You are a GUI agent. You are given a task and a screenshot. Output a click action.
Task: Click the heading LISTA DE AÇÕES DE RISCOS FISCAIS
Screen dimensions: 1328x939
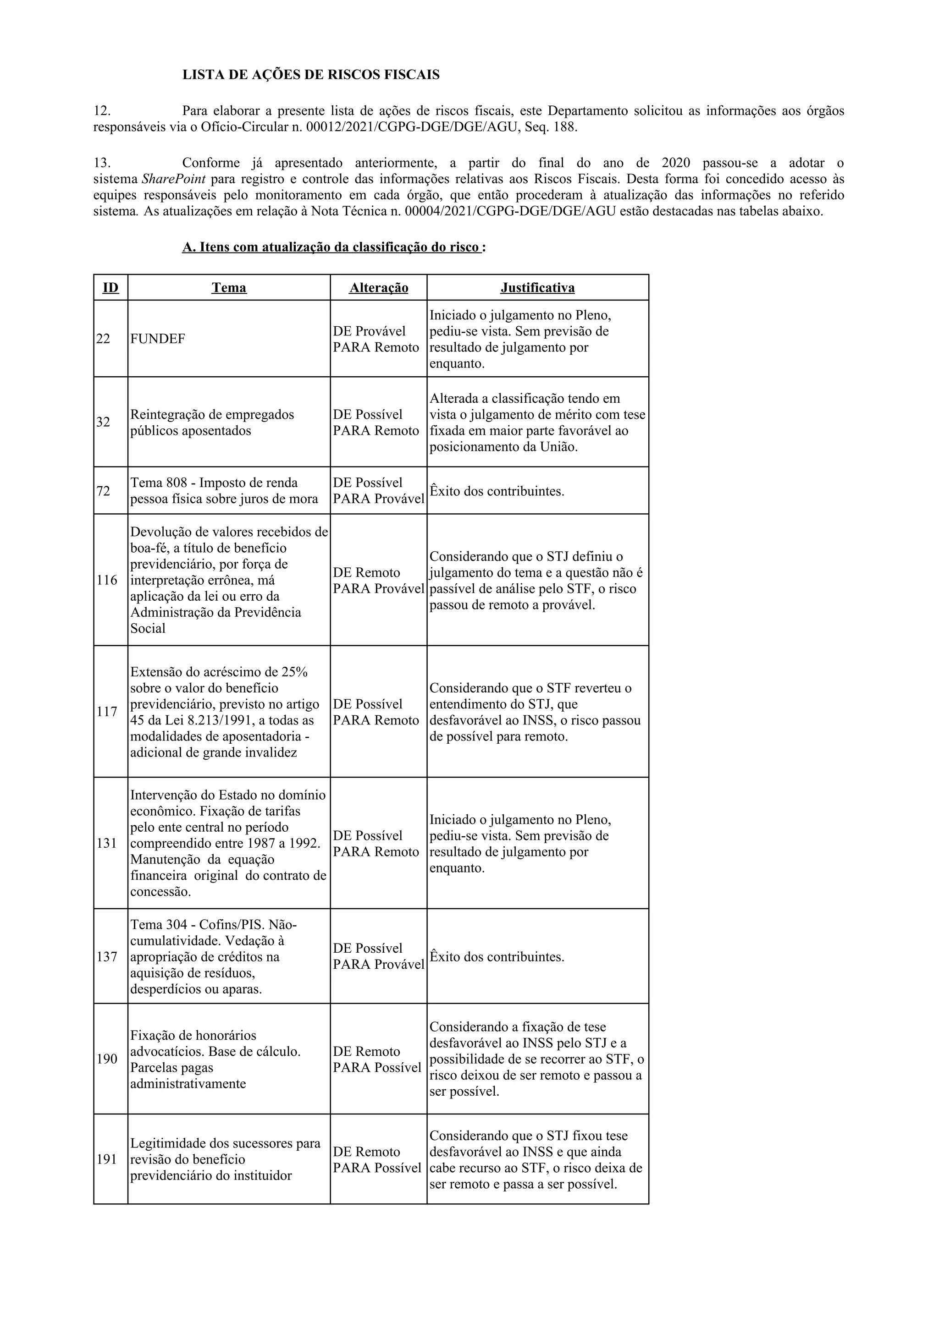[x=311, y=75]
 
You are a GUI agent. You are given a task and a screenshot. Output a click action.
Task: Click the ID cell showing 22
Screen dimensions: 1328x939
[x=103, y=339]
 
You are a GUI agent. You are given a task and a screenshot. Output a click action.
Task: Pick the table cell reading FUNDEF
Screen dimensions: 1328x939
[x=157, y=339]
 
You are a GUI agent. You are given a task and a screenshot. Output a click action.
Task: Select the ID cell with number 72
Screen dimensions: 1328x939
[x=103, y=491]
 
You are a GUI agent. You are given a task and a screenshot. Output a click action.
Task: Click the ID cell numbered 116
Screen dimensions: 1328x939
[x=107, y=580]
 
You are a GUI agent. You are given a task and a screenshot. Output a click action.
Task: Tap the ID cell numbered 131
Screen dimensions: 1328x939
[x=107, y=843]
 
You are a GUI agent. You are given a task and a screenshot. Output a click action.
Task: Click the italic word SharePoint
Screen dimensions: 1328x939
[x=174, y=179]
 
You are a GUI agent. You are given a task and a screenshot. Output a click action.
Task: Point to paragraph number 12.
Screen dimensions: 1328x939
[x=102, y=110]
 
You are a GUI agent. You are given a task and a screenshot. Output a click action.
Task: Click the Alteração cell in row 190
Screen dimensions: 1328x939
[x=377, y=1059]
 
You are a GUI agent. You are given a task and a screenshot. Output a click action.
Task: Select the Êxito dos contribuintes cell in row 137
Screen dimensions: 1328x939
[x=497, y=957]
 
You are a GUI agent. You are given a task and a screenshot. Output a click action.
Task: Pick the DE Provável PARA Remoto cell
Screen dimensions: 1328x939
[x=376, y=339]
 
